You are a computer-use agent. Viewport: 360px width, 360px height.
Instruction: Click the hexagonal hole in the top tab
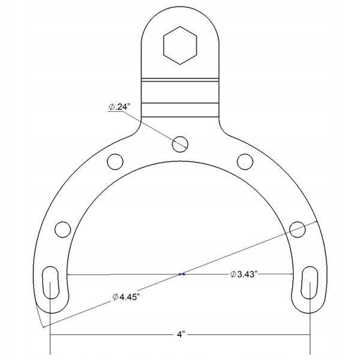pos(180,46)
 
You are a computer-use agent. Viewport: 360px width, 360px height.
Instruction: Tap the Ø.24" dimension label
pos(119,107)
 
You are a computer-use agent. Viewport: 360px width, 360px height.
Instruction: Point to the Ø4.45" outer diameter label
pos(126,297)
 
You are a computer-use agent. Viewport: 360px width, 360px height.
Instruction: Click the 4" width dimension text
pos(181,334)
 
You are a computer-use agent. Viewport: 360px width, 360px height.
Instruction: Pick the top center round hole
pos(180,144)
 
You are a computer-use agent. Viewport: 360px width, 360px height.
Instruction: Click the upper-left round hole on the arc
pos(115,161)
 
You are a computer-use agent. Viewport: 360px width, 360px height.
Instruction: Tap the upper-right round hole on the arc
pos(245,161)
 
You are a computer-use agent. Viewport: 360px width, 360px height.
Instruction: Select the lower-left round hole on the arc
pos(62,229)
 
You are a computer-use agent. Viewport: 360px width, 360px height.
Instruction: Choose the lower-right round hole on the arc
pos(298,229)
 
